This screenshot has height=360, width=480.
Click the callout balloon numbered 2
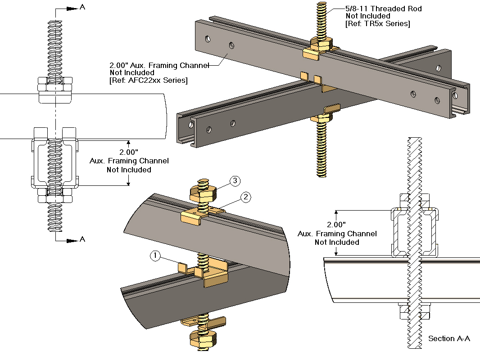click(245, 197)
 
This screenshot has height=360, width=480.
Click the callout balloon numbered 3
click(235, 181)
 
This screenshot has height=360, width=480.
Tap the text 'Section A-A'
click(449, 338)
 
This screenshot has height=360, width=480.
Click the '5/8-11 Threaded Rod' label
click(377, 9)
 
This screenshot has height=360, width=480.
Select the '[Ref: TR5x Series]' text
click(377, 24)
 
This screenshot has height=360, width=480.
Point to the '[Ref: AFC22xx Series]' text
click(149, 81)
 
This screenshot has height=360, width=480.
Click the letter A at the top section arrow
click(82, 7)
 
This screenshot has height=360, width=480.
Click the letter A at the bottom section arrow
click(82, 239)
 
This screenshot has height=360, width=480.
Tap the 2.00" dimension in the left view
click(129, 153)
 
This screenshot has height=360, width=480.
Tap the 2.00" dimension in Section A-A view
click(337, 225)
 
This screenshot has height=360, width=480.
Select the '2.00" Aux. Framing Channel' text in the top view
click(159, 65)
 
